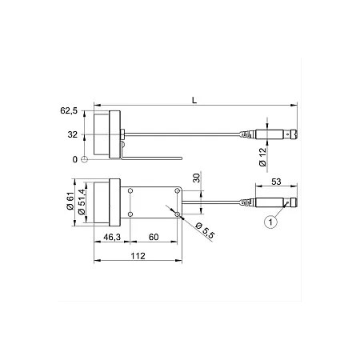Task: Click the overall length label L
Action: pyautogui.click(x=194, y=100)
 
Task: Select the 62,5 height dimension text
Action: pyautogui.click(x=69, y=110)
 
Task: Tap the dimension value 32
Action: pyautogui.click(x=72, y=134)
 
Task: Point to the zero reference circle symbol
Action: pyautogui.click(x=84, y=159)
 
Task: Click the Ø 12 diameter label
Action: pyautogui.click(x=262, y=157)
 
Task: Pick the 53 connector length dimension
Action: pyautogui.click(x=276, y=182)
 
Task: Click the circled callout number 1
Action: pyautogui.click(x=270, y=222)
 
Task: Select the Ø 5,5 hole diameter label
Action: pyautogui.click(x=205, y=230)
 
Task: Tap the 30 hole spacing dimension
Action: pyautogui.click(x=197, y=178)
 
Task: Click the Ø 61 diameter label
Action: pyautogui.click(x=70, y=201)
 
